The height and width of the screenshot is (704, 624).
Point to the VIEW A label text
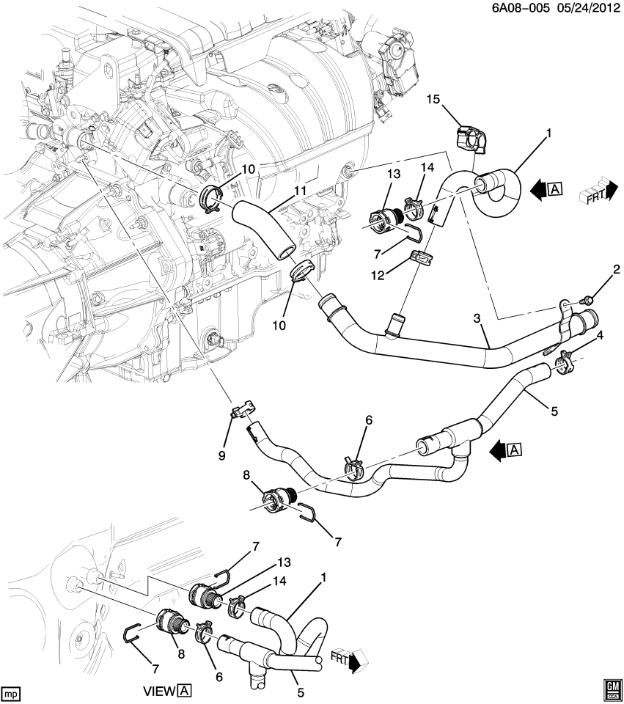(168, 690)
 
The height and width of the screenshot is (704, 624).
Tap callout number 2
(616, 270)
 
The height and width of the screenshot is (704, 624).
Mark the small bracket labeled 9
(241, 408)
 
